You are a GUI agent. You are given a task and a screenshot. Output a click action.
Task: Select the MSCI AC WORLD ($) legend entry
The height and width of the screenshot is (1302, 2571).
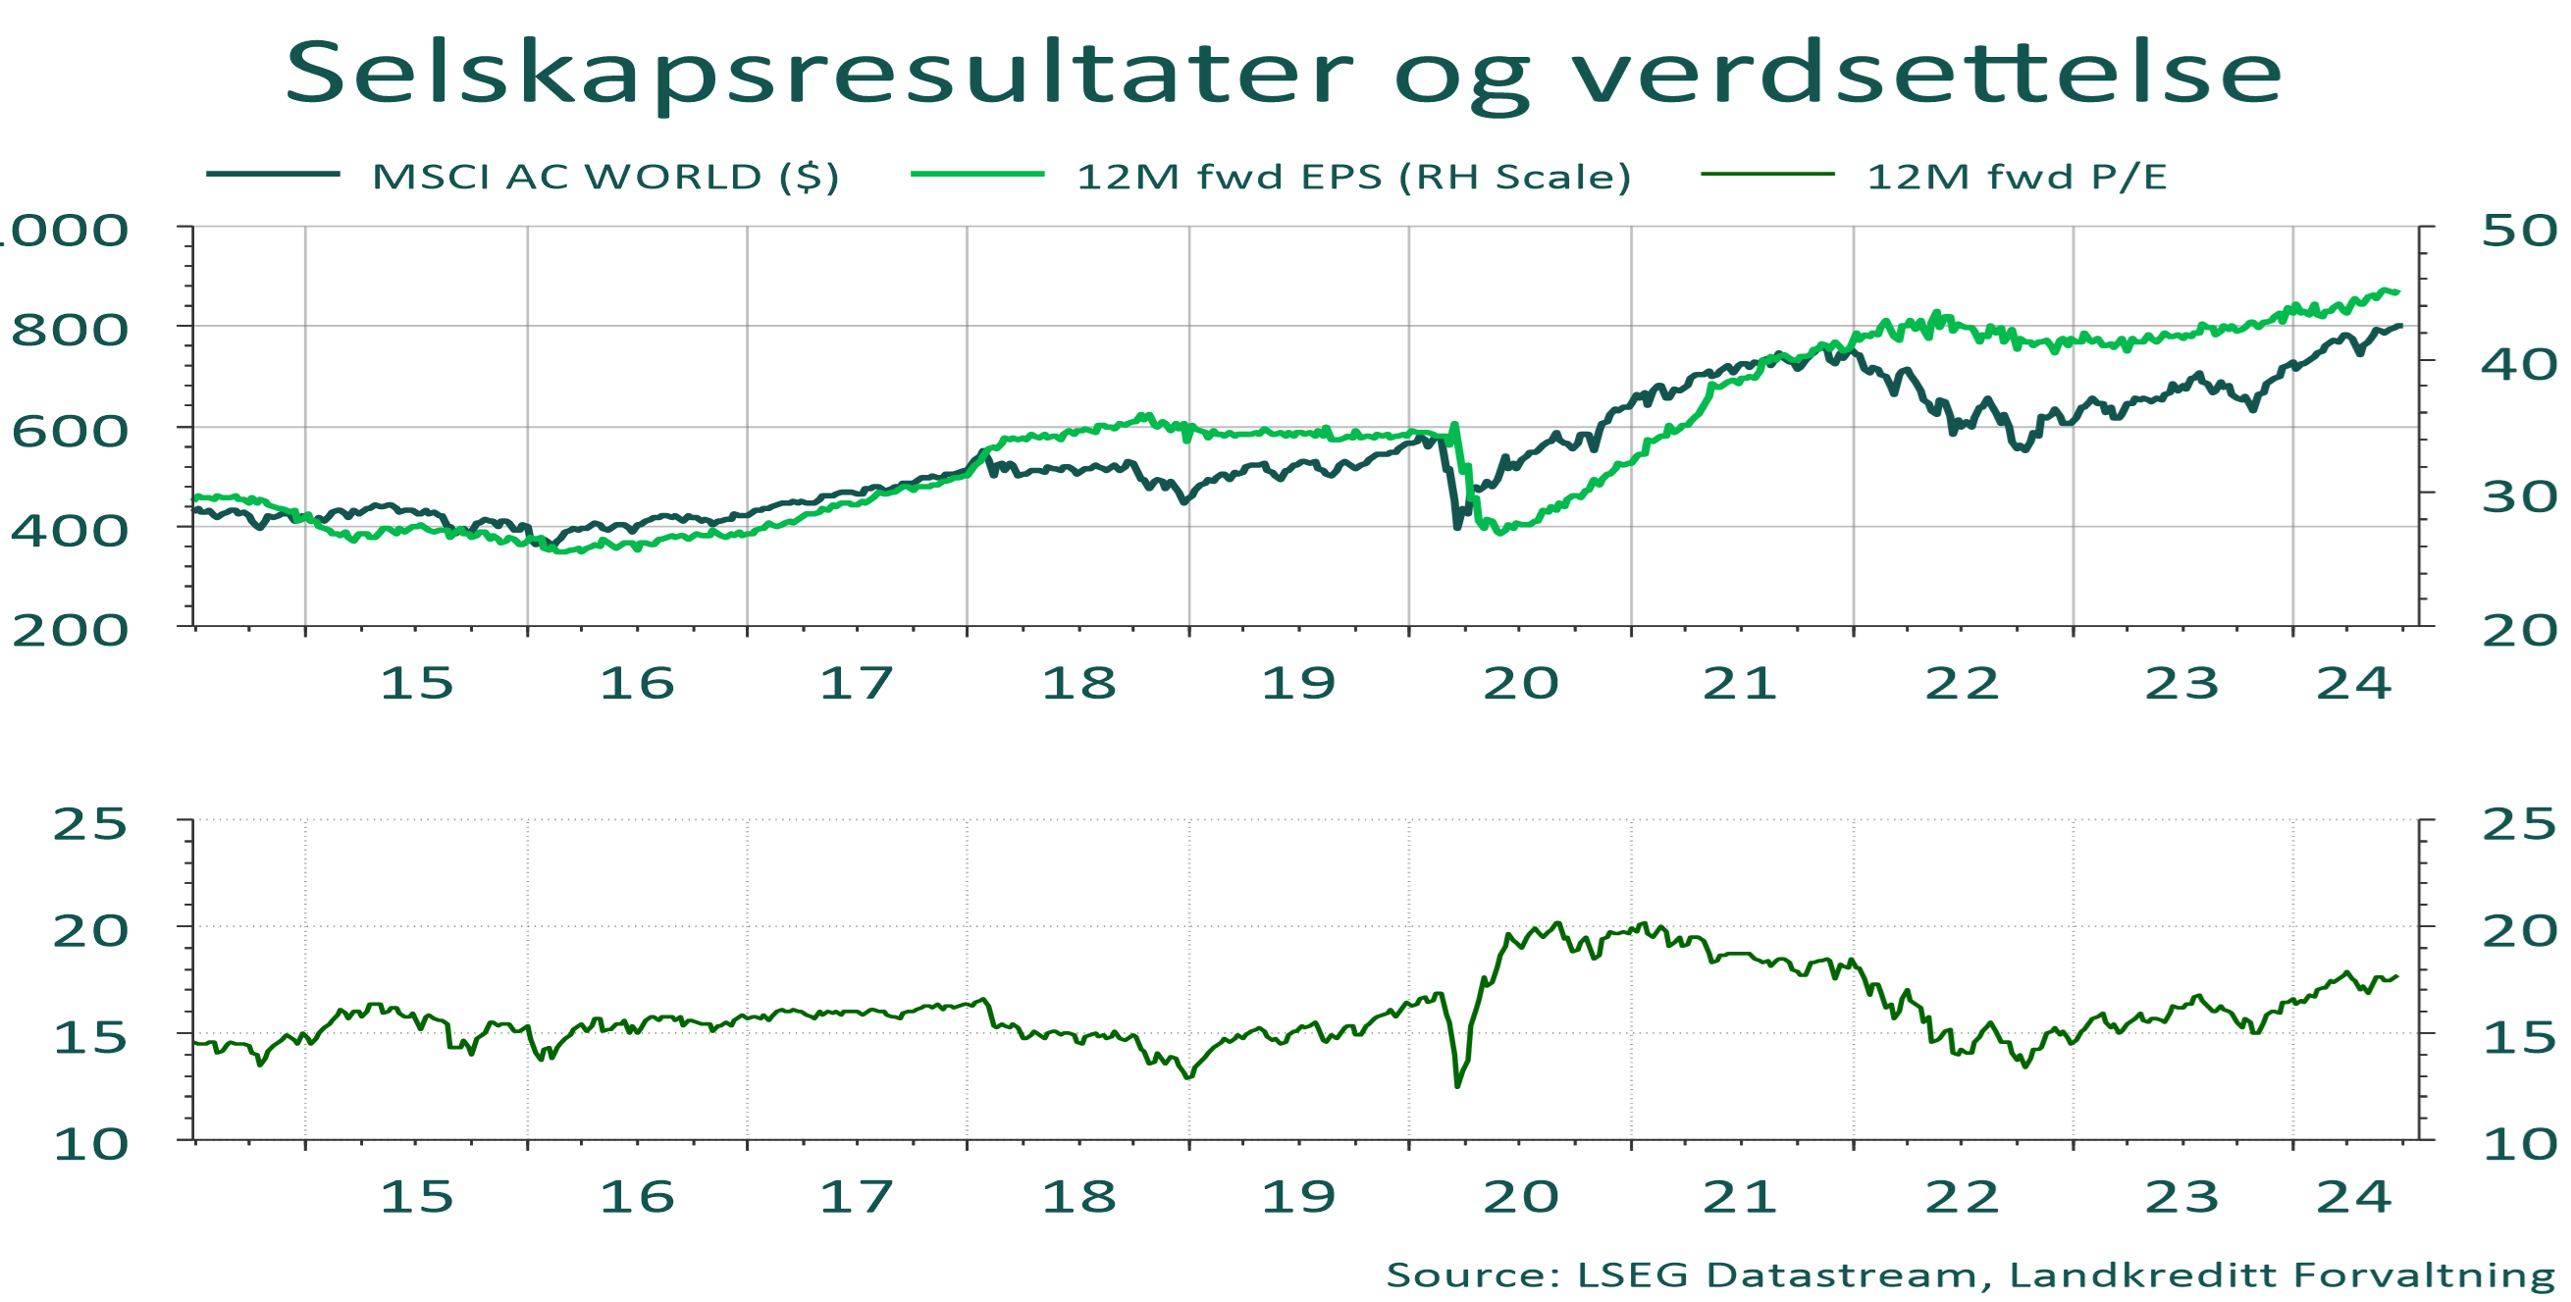(x=604, y=177)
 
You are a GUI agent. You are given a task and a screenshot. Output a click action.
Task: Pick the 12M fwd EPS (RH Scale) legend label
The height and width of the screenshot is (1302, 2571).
(x=1353, y=177)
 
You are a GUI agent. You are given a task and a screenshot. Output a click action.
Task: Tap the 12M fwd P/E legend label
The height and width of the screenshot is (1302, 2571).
(x=2017, y=177)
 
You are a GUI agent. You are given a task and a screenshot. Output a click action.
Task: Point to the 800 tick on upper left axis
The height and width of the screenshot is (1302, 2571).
(x=70, y=330)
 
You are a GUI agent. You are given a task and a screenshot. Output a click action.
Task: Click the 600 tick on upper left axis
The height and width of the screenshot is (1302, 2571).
(x=70, y=431)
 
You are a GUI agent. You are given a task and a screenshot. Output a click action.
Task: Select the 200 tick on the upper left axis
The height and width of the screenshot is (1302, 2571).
(x=70, y=631)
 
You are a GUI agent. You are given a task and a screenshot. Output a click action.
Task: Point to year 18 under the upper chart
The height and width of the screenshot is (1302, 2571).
(x=1078, y=684)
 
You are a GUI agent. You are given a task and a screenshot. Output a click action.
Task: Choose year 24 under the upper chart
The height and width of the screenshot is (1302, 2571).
(x=2353, y=684)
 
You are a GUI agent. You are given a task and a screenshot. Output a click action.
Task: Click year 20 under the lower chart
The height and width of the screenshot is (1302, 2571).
(x=1520, y=1196)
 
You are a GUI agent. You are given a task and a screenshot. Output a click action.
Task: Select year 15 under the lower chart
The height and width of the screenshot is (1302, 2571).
(x=416, y=1196)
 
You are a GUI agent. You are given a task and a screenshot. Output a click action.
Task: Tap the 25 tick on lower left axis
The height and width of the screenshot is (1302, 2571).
(x=90, y=824)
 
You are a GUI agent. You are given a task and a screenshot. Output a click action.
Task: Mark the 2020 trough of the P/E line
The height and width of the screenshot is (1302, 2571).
(x=1457, y=1085)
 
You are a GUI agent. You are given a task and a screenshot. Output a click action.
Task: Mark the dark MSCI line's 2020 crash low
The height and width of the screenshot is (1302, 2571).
(x=1457, y=526)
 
